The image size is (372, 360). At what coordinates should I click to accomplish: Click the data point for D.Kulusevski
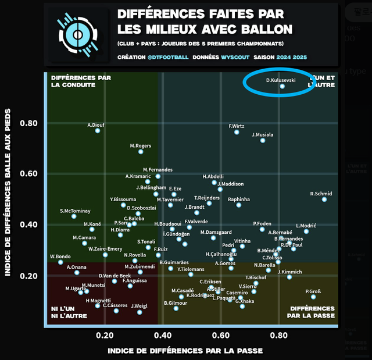pyautogui.click(x=282, y=86)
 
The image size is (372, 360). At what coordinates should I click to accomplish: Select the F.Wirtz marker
pyautogui.click(x=237, y=132)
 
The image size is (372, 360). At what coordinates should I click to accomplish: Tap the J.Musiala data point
pyautogui.click(x=263, y=140)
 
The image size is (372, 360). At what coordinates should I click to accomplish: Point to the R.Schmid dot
pyautogui.click(x=324, y=199)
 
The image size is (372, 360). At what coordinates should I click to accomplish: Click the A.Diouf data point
pyautogui.click(x=98, y=130)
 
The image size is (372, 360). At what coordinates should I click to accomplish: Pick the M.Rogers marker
pyautogui.click(x=141, y=151)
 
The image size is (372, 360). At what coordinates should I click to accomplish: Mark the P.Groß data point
pyautogui.click(x=313, y=297)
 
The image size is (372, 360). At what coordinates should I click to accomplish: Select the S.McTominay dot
pyautogui.click(x=74, y=216)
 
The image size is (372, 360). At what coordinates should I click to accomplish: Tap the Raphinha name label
pyautogui.click(x=239, y=199)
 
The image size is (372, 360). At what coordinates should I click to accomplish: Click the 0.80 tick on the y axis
pyautogui.click(x=29, y=123)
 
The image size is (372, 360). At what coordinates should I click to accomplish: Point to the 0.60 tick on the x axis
pyautogui.click(x=221, y=335)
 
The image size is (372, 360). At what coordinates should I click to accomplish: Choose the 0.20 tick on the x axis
pyautogui.click(x=105, y=335)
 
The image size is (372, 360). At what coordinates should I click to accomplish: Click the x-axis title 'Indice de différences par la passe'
pyautogui.click(x=185, y=351)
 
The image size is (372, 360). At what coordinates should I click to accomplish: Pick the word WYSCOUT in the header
pyautogui.click(x=236, y=57)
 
